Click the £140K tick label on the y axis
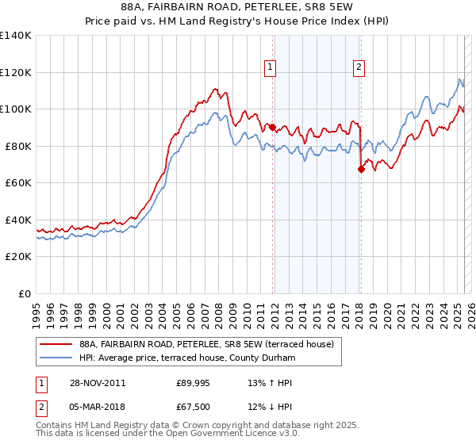[16, 36]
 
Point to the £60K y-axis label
[18, 182]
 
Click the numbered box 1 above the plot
[271, 68]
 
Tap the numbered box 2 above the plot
[359, 68]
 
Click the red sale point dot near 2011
[272, 127]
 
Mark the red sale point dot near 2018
[360, 168]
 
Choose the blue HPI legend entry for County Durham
[186, 358]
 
